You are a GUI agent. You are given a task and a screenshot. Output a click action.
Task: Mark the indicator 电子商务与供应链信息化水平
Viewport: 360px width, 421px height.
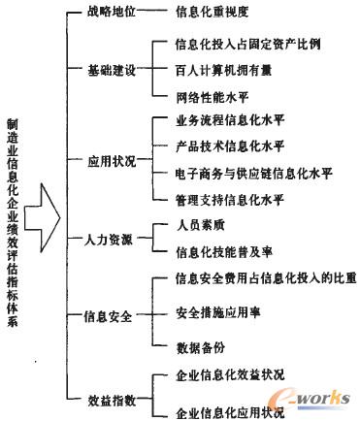250,174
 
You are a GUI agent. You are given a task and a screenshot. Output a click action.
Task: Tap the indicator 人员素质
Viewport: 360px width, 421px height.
199,225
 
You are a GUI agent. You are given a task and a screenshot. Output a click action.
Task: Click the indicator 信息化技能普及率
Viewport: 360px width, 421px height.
221,251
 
